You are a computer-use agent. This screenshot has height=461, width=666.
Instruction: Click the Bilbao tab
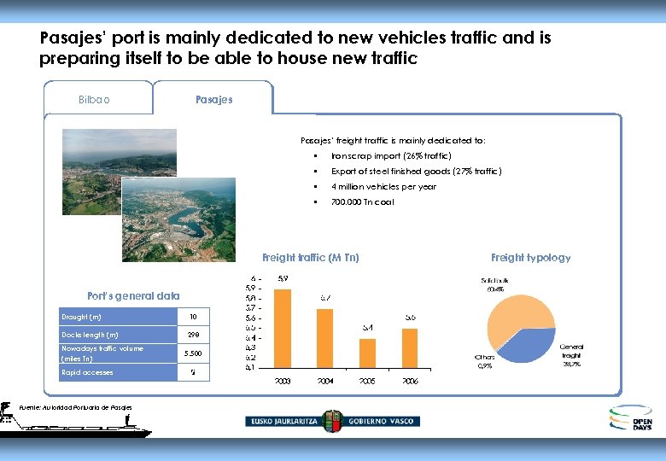pyautogui.click(x=94, y=99)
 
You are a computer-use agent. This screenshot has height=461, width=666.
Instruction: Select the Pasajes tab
pyautogui.click(x=213, y=99)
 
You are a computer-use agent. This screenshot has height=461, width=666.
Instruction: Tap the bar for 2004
pyautogui.click(x=325, y=337)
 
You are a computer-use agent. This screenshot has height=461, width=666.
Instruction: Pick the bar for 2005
pyautogui.click(x=368, y=352)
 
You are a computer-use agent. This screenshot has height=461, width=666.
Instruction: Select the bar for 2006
pyautogui.click(x=410, y=347)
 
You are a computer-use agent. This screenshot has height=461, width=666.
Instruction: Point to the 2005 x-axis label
pyautogui.click(x=368, y=381)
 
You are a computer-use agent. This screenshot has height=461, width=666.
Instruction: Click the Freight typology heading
pyautogui.click(x=530, y=257)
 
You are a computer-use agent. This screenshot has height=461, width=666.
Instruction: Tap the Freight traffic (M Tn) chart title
pyautogui.click(x=310, y=257)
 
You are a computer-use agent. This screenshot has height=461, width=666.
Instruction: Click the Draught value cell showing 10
pyautogui.click(x=193, y=318)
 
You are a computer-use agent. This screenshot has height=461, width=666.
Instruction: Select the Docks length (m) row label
pyautogui.click(x=91, y=335)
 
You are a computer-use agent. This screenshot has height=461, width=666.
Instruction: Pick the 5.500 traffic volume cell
pyautogui.click(x=193, y=353)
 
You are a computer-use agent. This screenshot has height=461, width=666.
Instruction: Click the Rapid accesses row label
pyautogui.click(x=87, y=372)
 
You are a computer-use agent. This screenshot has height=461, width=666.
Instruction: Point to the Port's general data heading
pyautogui.click(x=134, y=296)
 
